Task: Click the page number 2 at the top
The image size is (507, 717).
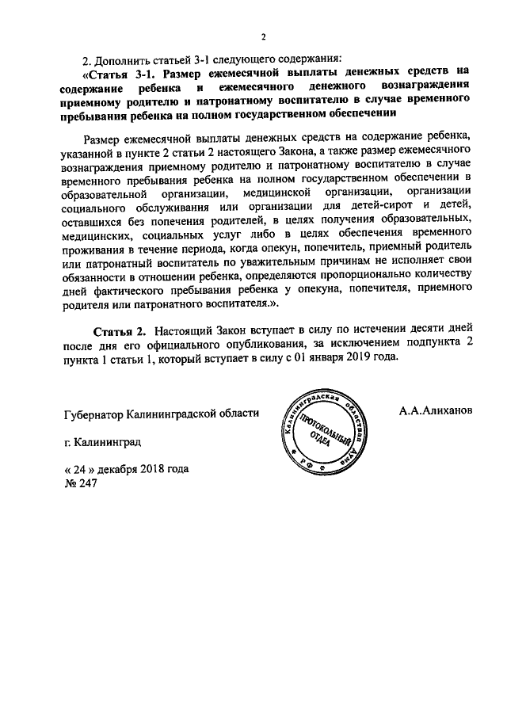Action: (263, 36)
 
